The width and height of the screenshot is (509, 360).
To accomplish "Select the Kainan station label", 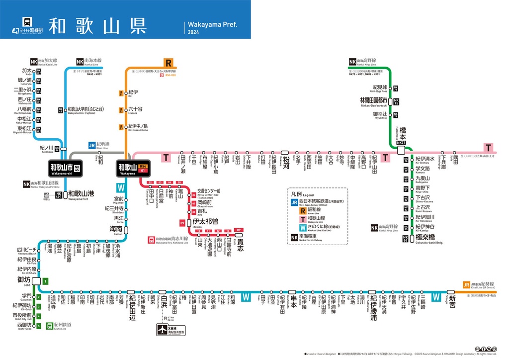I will (116, 229).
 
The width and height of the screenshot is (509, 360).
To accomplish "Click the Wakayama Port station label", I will (80, 194).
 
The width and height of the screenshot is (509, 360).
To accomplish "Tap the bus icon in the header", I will (27, 22).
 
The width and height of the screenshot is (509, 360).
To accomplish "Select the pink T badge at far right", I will (490, 148).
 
